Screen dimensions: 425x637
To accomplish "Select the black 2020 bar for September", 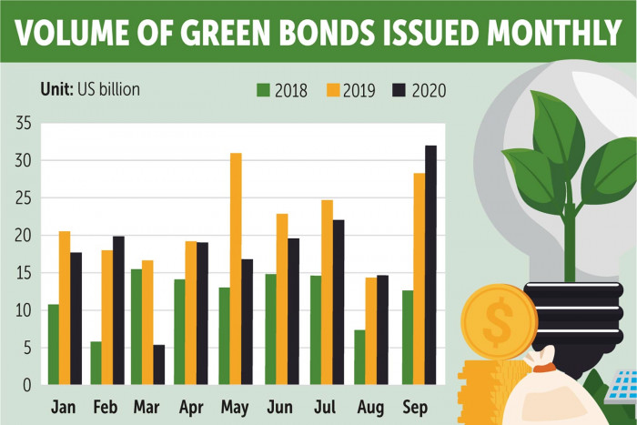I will (x=430, y=265).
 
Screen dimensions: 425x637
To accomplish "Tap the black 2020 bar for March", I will (x=158, y=364).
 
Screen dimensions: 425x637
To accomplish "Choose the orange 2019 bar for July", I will (x=326, y=292).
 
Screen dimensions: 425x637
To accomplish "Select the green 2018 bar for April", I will (x=179, y=331).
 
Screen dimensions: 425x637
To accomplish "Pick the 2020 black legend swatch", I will (x=397, y=90).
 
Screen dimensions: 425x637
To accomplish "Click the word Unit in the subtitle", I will (x=56, y=89).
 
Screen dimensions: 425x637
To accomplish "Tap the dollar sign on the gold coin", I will (x=498, y=320).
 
